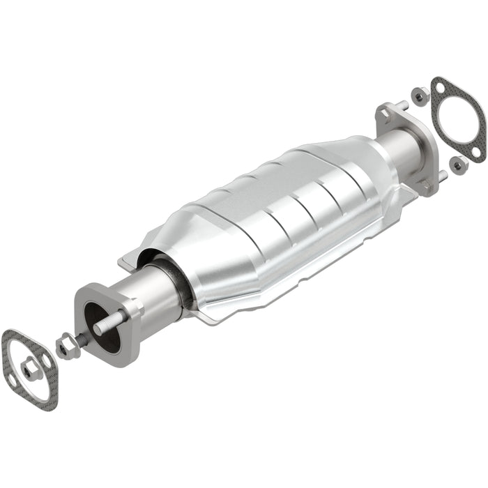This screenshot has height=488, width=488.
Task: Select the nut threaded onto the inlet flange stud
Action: (x=67, y=344)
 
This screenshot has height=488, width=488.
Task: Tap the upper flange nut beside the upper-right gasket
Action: (x=420, y=96)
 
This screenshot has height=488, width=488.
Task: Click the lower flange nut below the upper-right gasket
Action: (x=458, y=165)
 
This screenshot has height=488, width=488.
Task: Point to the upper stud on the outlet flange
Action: (x=402, y=105)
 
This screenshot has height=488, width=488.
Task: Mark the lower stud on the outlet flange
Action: (x=441, y=175)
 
